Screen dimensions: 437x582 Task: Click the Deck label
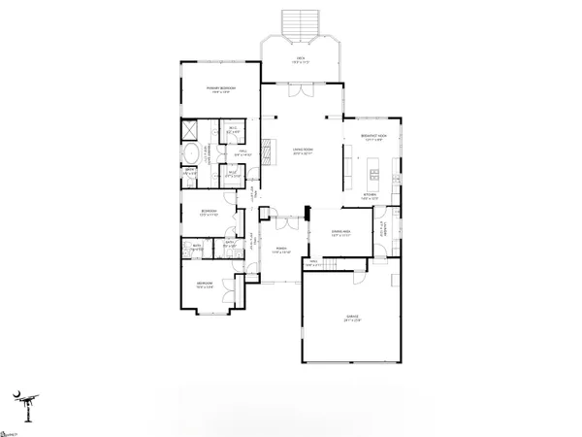(301, 58)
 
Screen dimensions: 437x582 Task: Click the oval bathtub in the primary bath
(191, 153)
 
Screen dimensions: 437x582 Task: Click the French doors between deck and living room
(303, 89)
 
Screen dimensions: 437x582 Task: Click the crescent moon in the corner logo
(16, 395)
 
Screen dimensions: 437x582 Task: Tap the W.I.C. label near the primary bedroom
(234, 131)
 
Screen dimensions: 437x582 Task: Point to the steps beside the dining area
(334, 263)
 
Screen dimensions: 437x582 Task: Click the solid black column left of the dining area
(307, 213)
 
